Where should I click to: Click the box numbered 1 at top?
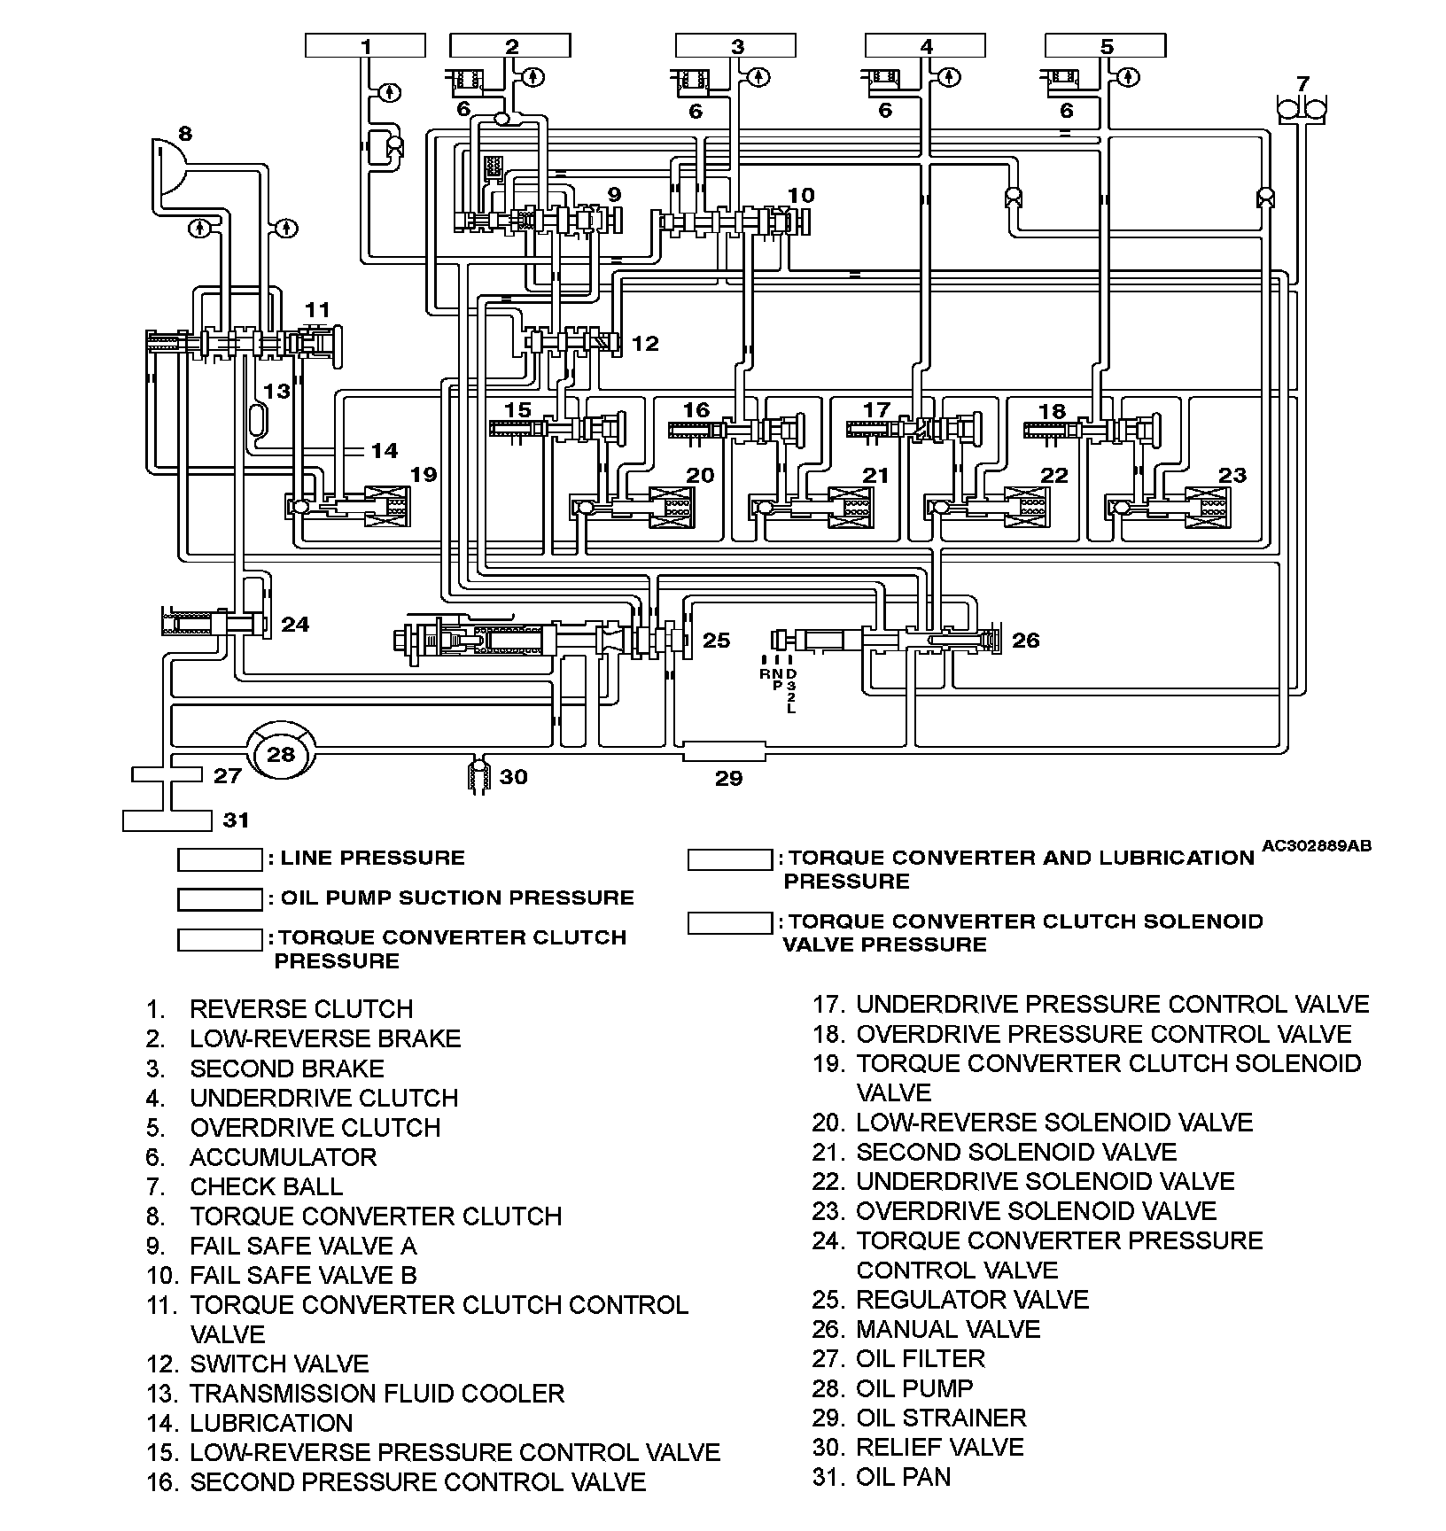(x=365, y=46)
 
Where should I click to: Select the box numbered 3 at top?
(x=736, y=46)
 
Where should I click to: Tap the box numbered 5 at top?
(x=1105, y=46)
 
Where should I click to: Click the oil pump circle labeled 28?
(x=281, y=754)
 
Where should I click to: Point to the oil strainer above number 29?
(x=724, y=752)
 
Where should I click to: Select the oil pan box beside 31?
(x=167, y=820)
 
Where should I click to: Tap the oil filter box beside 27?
(x=167, y=774)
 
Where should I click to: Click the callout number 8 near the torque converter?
(x=184, y=135)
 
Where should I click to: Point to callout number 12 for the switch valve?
(x=645, y=343)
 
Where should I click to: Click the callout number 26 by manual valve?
(x=1025, y=640)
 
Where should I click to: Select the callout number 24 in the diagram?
(x=295, y=625)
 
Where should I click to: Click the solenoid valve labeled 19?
(x=387, y=508)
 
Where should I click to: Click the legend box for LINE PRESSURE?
(x=220, y=859)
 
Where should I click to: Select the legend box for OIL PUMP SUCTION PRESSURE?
(x=220, y=899)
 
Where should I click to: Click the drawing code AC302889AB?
(x=1316, y=846)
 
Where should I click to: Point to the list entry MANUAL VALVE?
(x=948, y=1329)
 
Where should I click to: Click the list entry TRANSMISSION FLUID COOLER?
(x=377, y=1393)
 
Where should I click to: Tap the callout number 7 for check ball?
(x=1302, y=84)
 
